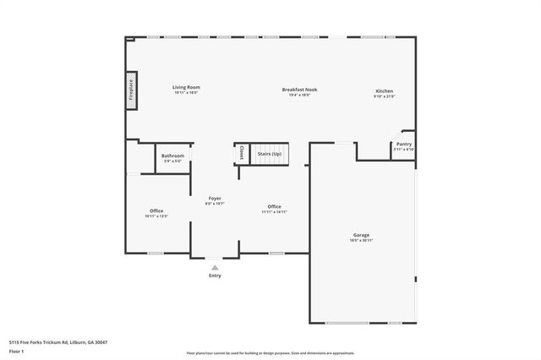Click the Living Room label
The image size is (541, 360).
(186, 87)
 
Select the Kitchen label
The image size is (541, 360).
(384, 90)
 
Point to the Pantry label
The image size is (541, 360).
(403, 145)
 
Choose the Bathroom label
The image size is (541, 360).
(172, 155)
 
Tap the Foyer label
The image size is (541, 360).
(215, 198)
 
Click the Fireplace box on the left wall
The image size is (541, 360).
(132, 90)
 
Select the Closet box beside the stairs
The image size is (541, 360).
(241, 153)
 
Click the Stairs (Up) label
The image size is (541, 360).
(270, 155)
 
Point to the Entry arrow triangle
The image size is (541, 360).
(215, 267)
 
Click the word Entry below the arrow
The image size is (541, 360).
(215, 275)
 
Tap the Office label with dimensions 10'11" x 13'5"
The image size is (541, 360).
(156, 210)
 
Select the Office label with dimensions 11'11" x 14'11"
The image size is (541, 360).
(274, 206)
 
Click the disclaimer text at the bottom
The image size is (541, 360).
(270, 352)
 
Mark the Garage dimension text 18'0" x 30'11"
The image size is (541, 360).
(361, 241)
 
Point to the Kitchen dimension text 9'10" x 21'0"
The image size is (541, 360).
(384, 97)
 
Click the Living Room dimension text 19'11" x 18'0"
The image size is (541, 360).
(186, 93)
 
